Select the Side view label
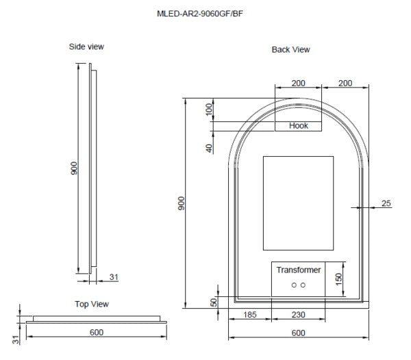coord(86,47)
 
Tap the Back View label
coord(291,49)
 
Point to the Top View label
coord(91,304)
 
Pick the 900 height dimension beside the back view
coord(182,203)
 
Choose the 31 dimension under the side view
coord(114,277)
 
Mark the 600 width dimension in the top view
coord(96,332)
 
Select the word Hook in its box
coord(299,126)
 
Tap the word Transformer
coord(298,270)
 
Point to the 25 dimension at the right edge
coord(386,203)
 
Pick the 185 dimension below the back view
coord(250,315)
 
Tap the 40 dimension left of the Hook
coord(210,146)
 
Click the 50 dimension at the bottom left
coord(214,302)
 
